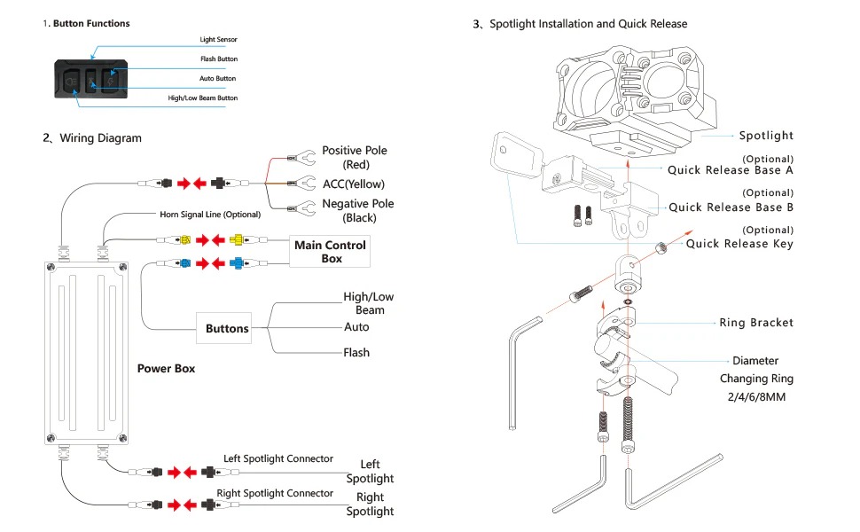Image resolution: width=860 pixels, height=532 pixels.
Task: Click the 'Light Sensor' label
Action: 218,40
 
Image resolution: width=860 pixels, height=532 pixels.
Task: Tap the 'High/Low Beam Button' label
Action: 203,98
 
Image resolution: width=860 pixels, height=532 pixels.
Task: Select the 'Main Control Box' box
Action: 330,252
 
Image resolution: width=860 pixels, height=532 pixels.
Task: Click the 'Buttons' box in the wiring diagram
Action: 227,329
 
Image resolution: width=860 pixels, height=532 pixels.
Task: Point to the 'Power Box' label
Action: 166,368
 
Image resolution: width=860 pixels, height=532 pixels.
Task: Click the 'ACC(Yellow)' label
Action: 358,184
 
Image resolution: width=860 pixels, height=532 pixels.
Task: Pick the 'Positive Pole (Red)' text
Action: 355,158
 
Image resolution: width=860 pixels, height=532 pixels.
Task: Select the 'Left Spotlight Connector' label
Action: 278,458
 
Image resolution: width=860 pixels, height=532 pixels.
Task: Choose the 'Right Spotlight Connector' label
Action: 275,493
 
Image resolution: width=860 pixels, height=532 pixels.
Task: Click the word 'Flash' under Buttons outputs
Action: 356,353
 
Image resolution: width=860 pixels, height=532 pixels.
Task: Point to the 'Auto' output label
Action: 356,327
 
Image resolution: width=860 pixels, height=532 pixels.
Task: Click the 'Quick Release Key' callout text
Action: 739,244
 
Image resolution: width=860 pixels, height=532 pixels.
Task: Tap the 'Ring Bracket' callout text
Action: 756,323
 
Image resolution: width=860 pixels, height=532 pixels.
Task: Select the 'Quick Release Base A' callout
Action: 730,169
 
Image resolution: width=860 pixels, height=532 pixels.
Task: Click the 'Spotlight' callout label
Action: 766,136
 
